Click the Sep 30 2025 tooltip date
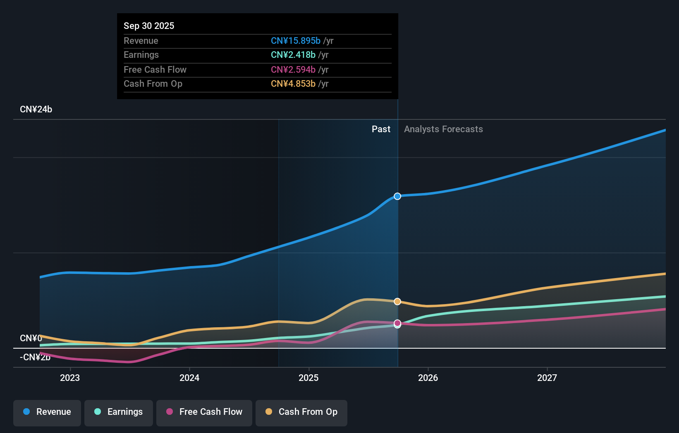click(149, 26)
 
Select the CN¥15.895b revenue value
click(295, 40)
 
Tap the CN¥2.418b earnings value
click(293, 55)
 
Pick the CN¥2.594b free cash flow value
click(293, 69)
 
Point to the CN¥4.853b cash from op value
click(293, 83)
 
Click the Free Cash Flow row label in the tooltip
click(155, 69)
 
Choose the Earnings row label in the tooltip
click(141, 55)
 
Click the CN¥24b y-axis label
click(36, 109)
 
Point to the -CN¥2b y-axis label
click(35, 357)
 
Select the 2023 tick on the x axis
click(70, 378)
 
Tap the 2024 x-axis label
click(189, 378)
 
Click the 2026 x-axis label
click(428, 378)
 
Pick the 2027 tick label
click(547, 378)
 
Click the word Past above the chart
click(381, 129)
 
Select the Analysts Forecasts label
click(443, 129)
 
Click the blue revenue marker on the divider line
click(397, 196)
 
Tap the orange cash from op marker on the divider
click(397, 302)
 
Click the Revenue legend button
click(47, 412)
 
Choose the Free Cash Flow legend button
click(204, 412)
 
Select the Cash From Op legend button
click(301, 412)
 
